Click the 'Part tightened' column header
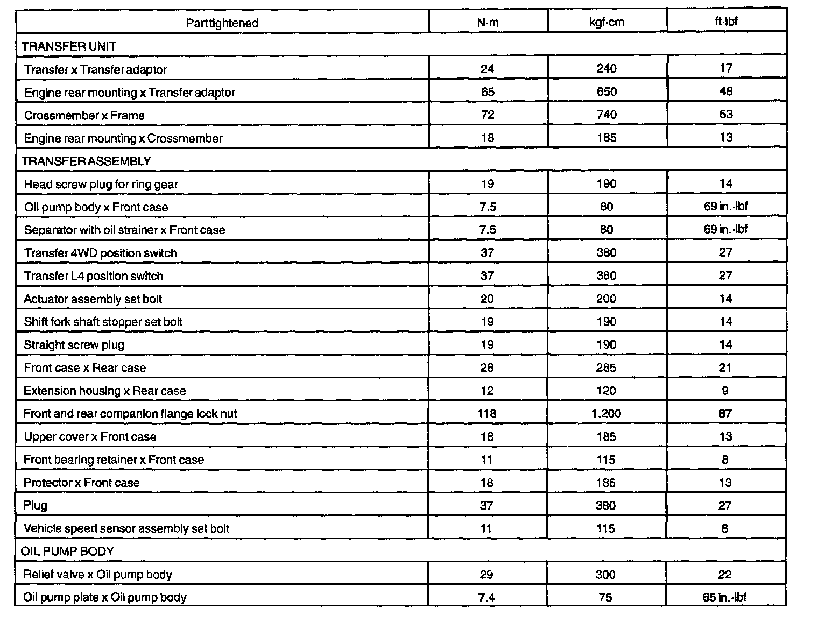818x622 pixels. [222, 23]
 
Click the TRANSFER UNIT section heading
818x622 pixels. [69, 46]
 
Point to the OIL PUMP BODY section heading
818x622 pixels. [67, 551]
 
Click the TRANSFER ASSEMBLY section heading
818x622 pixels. [86, 161]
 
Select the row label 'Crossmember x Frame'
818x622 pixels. [84, 115]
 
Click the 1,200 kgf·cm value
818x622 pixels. [606, 413]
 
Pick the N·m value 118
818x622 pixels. [486, 413]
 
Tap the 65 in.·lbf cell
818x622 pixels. [724, 597]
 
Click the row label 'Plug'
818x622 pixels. [36, 505]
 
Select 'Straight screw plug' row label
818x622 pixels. [74, 344]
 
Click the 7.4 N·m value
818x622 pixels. [486, 597]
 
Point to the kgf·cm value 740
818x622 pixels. [607, 115]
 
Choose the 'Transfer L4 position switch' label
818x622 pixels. [94, 276]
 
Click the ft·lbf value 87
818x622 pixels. [725, 413]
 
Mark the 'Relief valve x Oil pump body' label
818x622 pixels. [97, 574]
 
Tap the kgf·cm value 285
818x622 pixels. [606, 367]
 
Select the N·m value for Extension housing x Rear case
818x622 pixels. [486, 391]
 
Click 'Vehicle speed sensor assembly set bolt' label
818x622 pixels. [126, 528]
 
